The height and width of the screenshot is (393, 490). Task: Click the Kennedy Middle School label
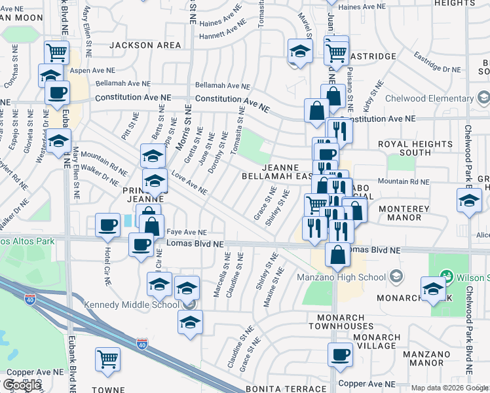[x=130, y=305]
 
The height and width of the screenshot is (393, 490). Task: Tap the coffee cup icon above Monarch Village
[x=339, y=354]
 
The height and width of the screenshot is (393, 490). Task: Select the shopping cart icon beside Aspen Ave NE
[x=57, y=50]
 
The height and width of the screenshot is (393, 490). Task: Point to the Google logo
[x=22, y=385]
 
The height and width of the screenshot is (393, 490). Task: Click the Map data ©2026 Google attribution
[x=449, y=388]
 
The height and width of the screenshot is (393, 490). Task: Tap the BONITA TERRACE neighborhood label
[x=282, y=389]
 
